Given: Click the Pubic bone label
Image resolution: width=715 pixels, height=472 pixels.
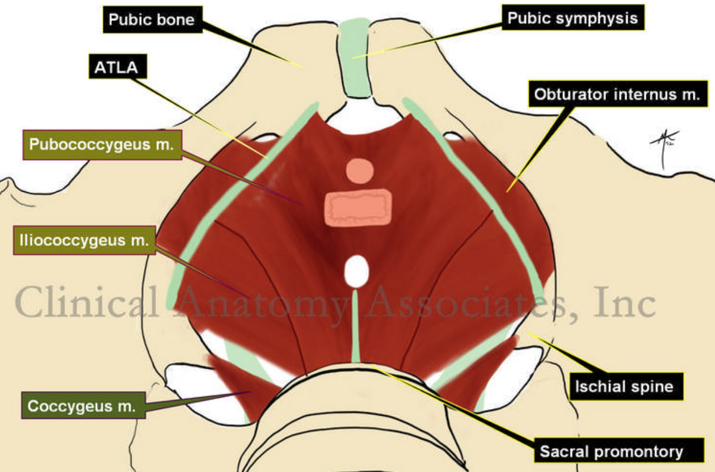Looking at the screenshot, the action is pyautogui.click(x=152, y=20).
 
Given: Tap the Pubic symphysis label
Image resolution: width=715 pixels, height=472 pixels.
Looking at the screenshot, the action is pyautogui.click(x=573, y=18).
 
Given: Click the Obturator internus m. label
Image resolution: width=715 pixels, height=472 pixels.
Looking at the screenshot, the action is pyautogui.click(x=618, y=94).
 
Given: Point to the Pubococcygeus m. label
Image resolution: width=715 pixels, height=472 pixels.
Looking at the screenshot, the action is pyautogui.click(x=101, y=145).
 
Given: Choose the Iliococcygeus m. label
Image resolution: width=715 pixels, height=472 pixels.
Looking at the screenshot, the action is pyautogui.click(x=83, y=241).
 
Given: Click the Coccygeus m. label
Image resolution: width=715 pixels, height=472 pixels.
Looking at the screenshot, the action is pyautogui.click(x=81, y=406).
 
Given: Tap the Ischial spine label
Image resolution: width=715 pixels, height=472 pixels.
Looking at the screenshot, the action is pyautogui.click(x=624, y=387).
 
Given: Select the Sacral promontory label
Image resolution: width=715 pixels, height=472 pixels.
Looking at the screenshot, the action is pyautogui.click(x=611, y=452).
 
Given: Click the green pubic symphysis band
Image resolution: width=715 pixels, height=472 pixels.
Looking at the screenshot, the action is pyautogui.click(x=355, y=57).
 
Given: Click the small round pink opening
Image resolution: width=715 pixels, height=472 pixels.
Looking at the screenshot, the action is pyautogui.click(x=359, y=171).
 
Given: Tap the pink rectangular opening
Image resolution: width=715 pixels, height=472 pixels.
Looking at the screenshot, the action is pyautogui.click(x=358, y=207).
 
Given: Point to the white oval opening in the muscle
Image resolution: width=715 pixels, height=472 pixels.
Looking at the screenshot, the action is pyautogui.click(x=356, y=271).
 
